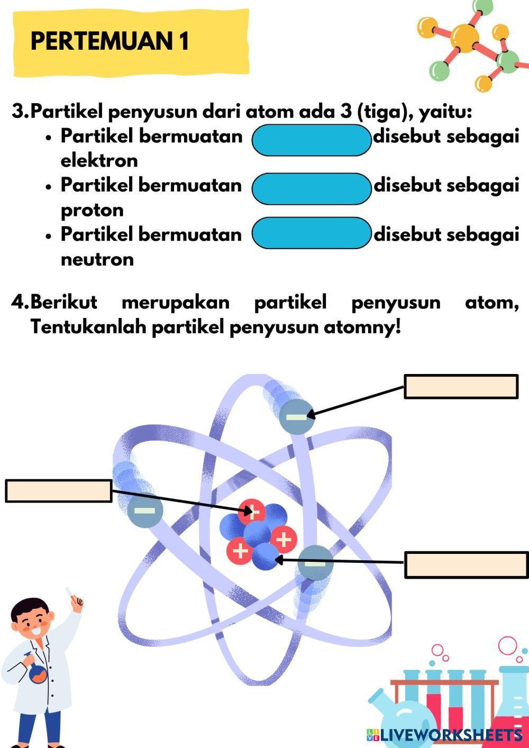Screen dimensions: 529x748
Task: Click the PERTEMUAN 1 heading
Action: point(110,41)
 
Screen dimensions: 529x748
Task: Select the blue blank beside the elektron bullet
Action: point(312,140)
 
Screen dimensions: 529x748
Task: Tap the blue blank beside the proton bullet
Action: point(312,189)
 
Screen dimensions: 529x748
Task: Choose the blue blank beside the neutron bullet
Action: point(312,233)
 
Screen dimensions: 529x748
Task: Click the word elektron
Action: point(99,160)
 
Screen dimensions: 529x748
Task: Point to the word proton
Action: point(92,210)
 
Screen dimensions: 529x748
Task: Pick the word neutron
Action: point(97,259)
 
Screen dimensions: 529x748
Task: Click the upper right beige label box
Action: point(461,387)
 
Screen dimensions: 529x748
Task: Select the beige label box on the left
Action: point(58,491)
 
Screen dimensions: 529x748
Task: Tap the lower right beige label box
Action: point(466,565)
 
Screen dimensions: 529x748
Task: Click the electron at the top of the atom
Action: point(296,417)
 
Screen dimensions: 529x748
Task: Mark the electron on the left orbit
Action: point(145,510)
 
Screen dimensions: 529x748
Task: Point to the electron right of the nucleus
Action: point(315,563)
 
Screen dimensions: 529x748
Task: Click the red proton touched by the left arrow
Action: point(252,512)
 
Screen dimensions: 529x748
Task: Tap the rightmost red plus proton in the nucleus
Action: point(284,540)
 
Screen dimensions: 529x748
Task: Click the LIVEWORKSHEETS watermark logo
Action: point(444,735)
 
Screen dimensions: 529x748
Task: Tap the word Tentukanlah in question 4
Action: point(88,327)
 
